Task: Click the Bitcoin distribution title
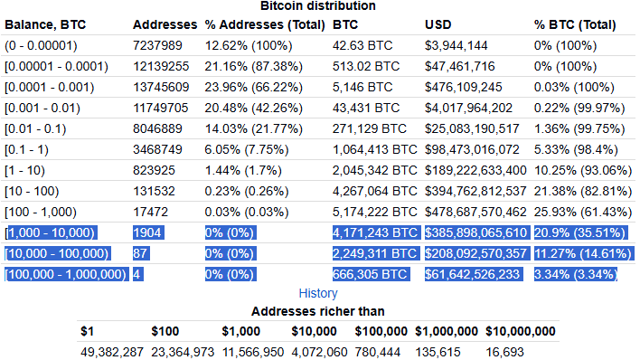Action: pos(317,6)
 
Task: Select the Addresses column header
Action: pos(165,23)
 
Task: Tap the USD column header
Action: pos(438,23)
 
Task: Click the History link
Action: pos(317,293)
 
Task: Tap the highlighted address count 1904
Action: pos(147,232)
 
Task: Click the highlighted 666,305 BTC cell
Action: pos(371,273)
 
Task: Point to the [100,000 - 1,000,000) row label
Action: pos(66,273)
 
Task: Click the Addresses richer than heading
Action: pos(317,310)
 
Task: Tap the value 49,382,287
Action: pos(111,351)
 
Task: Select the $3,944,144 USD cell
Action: pos(458,44)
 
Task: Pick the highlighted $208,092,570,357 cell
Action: pos(475,252)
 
